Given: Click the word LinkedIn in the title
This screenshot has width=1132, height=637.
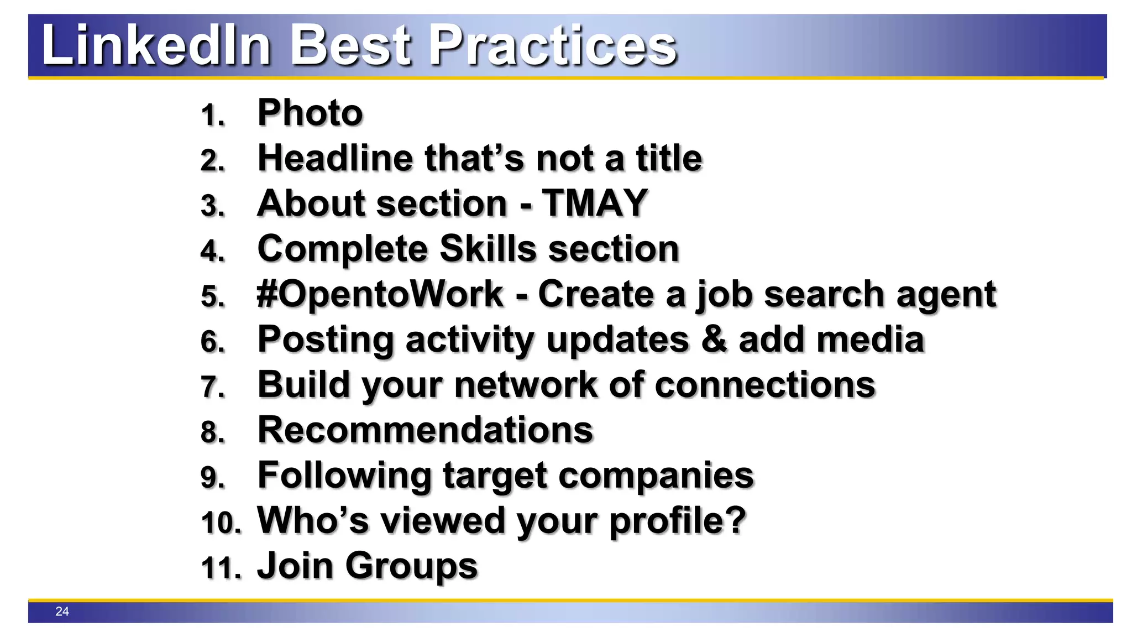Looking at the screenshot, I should [x=156, y=45].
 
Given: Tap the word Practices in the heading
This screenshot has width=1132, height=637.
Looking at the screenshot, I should [x=553, y=45].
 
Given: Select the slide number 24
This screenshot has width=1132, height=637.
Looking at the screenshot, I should [x=62, y=611].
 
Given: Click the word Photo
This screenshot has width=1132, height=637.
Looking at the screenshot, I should [x=310, y=113].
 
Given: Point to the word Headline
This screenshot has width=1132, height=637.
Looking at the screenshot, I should [x=335, y=158].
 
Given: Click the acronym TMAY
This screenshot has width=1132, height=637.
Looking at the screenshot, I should [x=594, y=203].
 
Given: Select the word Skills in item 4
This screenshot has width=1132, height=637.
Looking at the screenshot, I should [x=488, y=249].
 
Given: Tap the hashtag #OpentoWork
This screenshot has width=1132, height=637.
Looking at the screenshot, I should [x=380, y=294].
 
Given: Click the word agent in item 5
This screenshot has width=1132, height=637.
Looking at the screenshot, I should [x=946, y=294].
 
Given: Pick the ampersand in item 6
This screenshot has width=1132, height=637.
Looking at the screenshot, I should [x=714, y=340].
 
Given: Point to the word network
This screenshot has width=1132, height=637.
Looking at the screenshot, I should [x=525, y=385].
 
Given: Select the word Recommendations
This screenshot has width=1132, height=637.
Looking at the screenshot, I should [x=425, y=430].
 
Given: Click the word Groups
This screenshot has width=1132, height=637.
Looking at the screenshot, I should [x=411, y=566].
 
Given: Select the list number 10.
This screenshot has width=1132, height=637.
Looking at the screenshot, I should [x=220, y=523].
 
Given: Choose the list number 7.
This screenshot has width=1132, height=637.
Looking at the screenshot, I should [x=212, y=387].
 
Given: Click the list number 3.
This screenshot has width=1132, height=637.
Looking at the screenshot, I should [x=212, y=206].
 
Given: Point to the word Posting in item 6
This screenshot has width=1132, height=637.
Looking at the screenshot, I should [x=326, y=340].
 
